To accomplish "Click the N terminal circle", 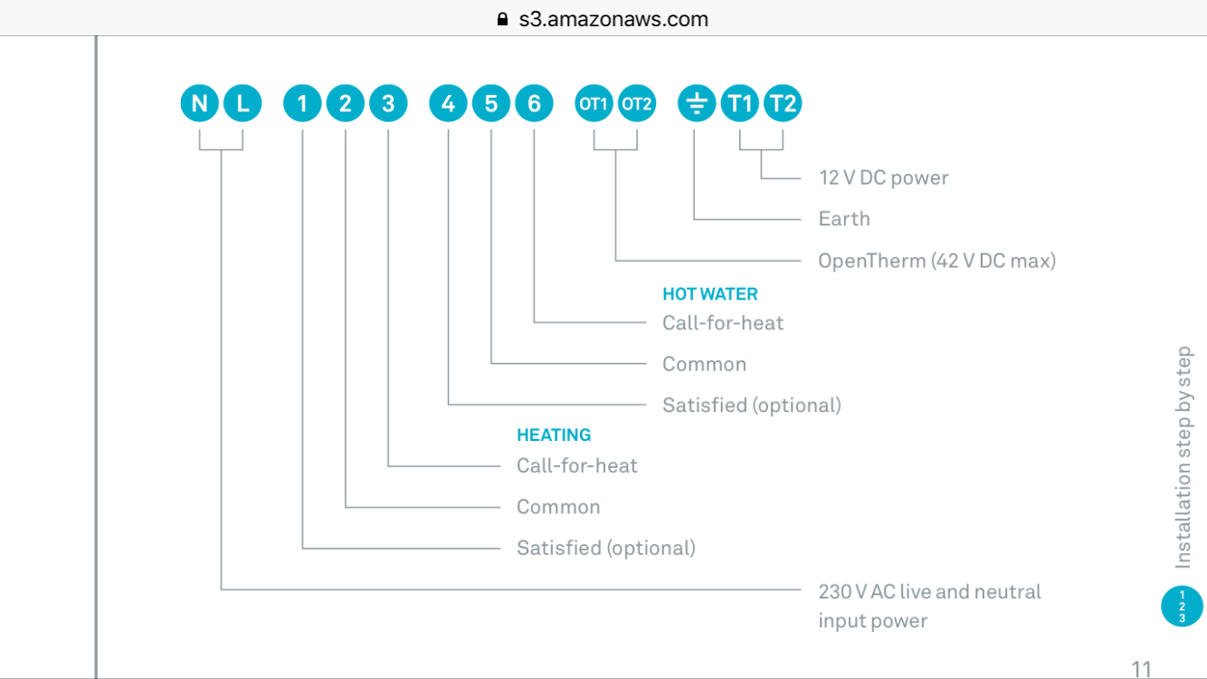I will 199,103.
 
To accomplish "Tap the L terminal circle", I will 242,103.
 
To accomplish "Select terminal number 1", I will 302,103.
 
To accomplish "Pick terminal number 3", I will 388,103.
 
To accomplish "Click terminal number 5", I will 491,103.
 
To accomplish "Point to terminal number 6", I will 534,103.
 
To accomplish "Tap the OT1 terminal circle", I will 594,103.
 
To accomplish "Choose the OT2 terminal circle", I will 637,103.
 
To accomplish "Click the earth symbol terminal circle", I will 696,103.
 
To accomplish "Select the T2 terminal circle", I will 783,103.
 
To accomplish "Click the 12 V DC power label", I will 883,177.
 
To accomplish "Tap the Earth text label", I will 844,218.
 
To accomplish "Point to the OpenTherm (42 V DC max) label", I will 936,261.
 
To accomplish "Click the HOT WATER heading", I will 709,294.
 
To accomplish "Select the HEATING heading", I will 554,435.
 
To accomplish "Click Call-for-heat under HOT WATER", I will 723,323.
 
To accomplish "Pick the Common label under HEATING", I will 558,507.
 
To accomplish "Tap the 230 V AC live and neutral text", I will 929,592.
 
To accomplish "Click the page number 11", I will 1142,668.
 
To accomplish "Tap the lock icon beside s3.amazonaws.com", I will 503,19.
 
